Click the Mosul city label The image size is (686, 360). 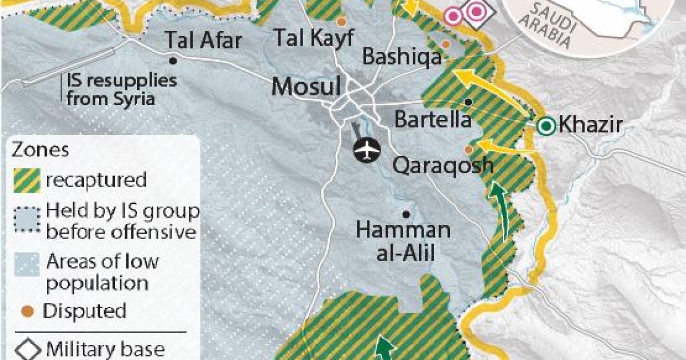pyautogui.click(x=306, y=86)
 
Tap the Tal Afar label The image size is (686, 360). pyautogui.click(x=204, y=40)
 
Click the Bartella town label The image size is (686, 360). pyautogui.click(x=434, y=120)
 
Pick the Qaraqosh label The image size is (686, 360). pyautogui.click(x=443, y=166)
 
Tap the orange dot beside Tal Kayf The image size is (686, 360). pyautogui.click(x=341, y=22)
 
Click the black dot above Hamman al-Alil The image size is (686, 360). pyautogui.click(x=406, y=214)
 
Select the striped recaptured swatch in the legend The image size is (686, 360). pyautogui.click(x=26, y=180)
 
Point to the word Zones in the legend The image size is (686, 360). pyautogui.click(x=41, y=150)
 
